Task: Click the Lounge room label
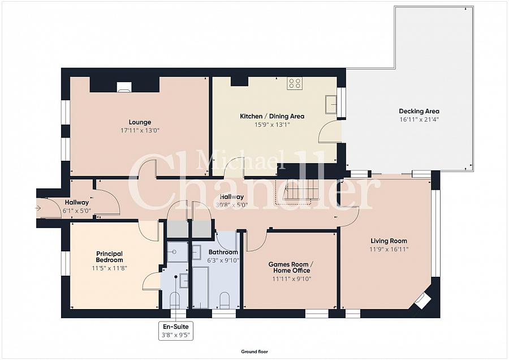140,122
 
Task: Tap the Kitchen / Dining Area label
272,116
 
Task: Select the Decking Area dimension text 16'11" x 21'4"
419,119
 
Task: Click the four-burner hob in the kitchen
295,83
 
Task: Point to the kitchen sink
331,104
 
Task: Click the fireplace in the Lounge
124,87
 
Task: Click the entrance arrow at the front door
38,208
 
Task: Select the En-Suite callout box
176,331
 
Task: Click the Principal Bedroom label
109,256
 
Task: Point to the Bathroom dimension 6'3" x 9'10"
223,260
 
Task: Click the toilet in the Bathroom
225,301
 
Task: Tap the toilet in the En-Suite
175,301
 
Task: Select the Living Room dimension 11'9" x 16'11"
389,249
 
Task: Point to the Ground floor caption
255,352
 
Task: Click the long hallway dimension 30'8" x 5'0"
232,205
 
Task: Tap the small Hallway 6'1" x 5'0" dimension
76,210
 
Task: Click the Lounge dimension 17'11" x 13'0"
140,131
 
